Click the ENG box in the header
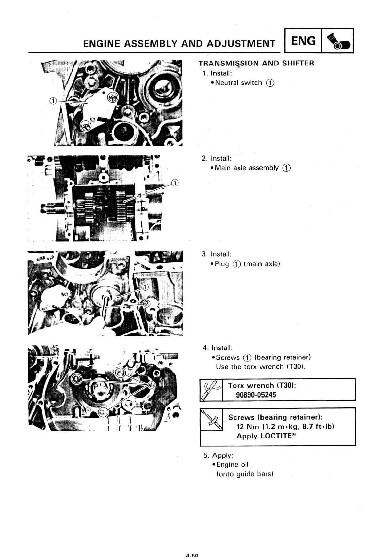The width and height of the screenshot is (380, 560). pos(303,41)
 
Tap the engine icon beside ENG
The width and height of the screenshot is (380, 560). pos(338,41)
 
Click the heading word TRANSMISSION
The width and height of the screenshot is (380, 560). pos(229,63)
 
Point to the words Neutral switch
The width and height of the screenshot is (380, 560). pos(238,83)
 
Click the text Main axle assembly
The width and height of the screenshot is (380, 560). pos(246,168)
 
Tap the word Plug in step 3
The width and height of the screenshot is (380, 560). pos(222,264)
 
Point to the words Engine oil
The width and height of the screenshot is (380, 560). pos(232,464)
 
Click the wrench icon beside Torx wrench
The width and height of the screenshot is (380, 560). pos(211,389)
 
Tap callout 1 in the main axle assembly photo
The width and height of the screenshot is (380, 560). pos(175,183)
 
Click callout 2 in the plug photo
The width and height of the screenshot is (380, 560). pos(147,304)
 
